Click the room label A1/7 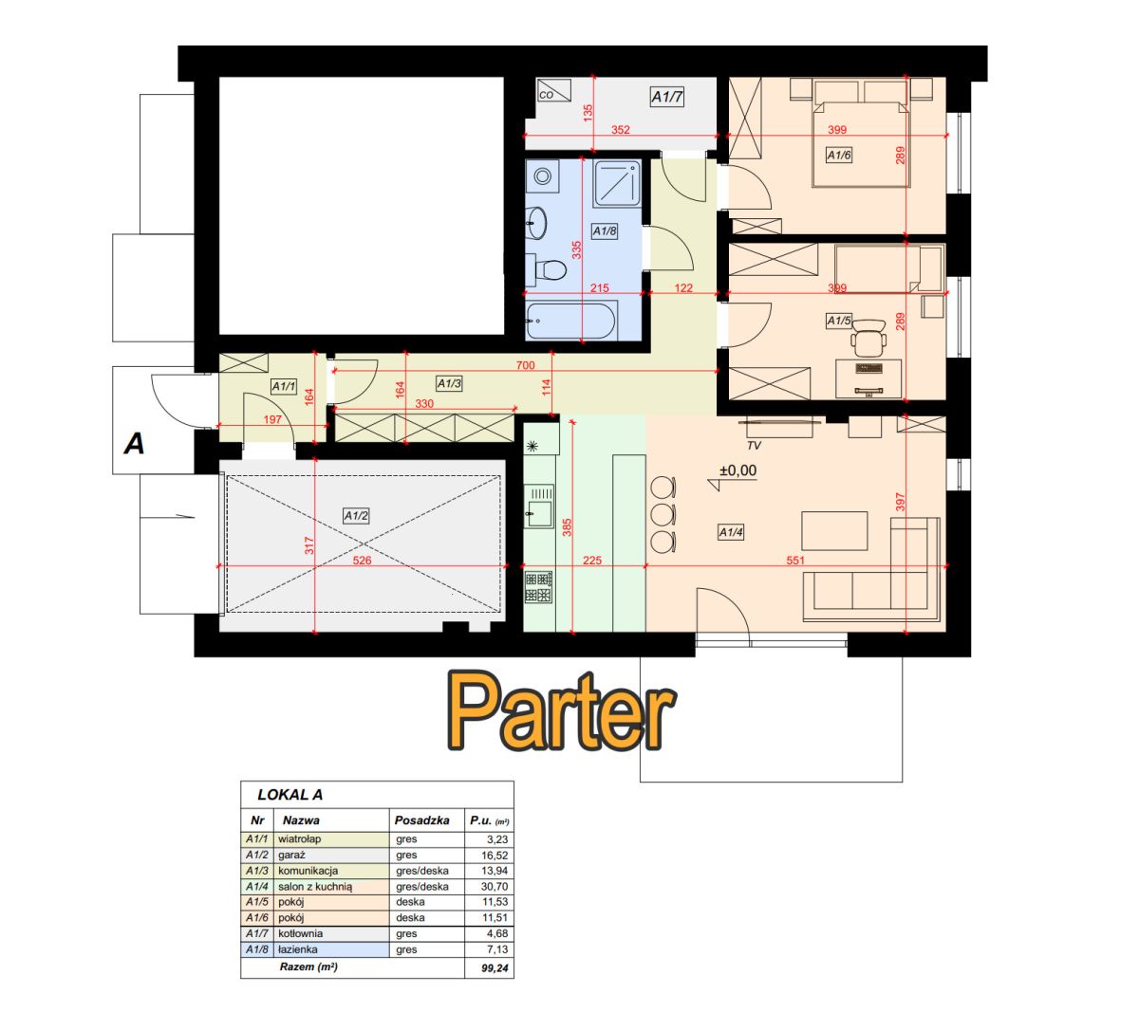[x=666, y=97]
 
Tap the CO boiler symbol [x=553, y=90]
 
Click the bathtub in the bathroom [x=570, y=321]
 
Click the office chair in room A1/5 [x=868, y=338]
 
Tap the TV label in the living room [x=754, y=446]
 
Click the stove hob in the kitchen [x=538, y=587]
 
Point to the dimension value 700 [x=525, y=365]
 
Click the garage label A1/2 [x=357, y=516]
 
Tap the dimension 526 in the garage [x=362, y=561]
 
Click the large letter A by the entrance [x=135, y=444]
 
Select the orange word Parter [x=561, y=712]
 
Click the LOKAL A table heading [x=290, y=795]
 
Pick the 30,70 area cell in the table [x=495, y=887]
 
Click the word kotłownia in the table [x=300, y=933]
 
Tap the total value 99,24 [x=495, y=968]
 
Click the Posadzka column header [x=421, y=820]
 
